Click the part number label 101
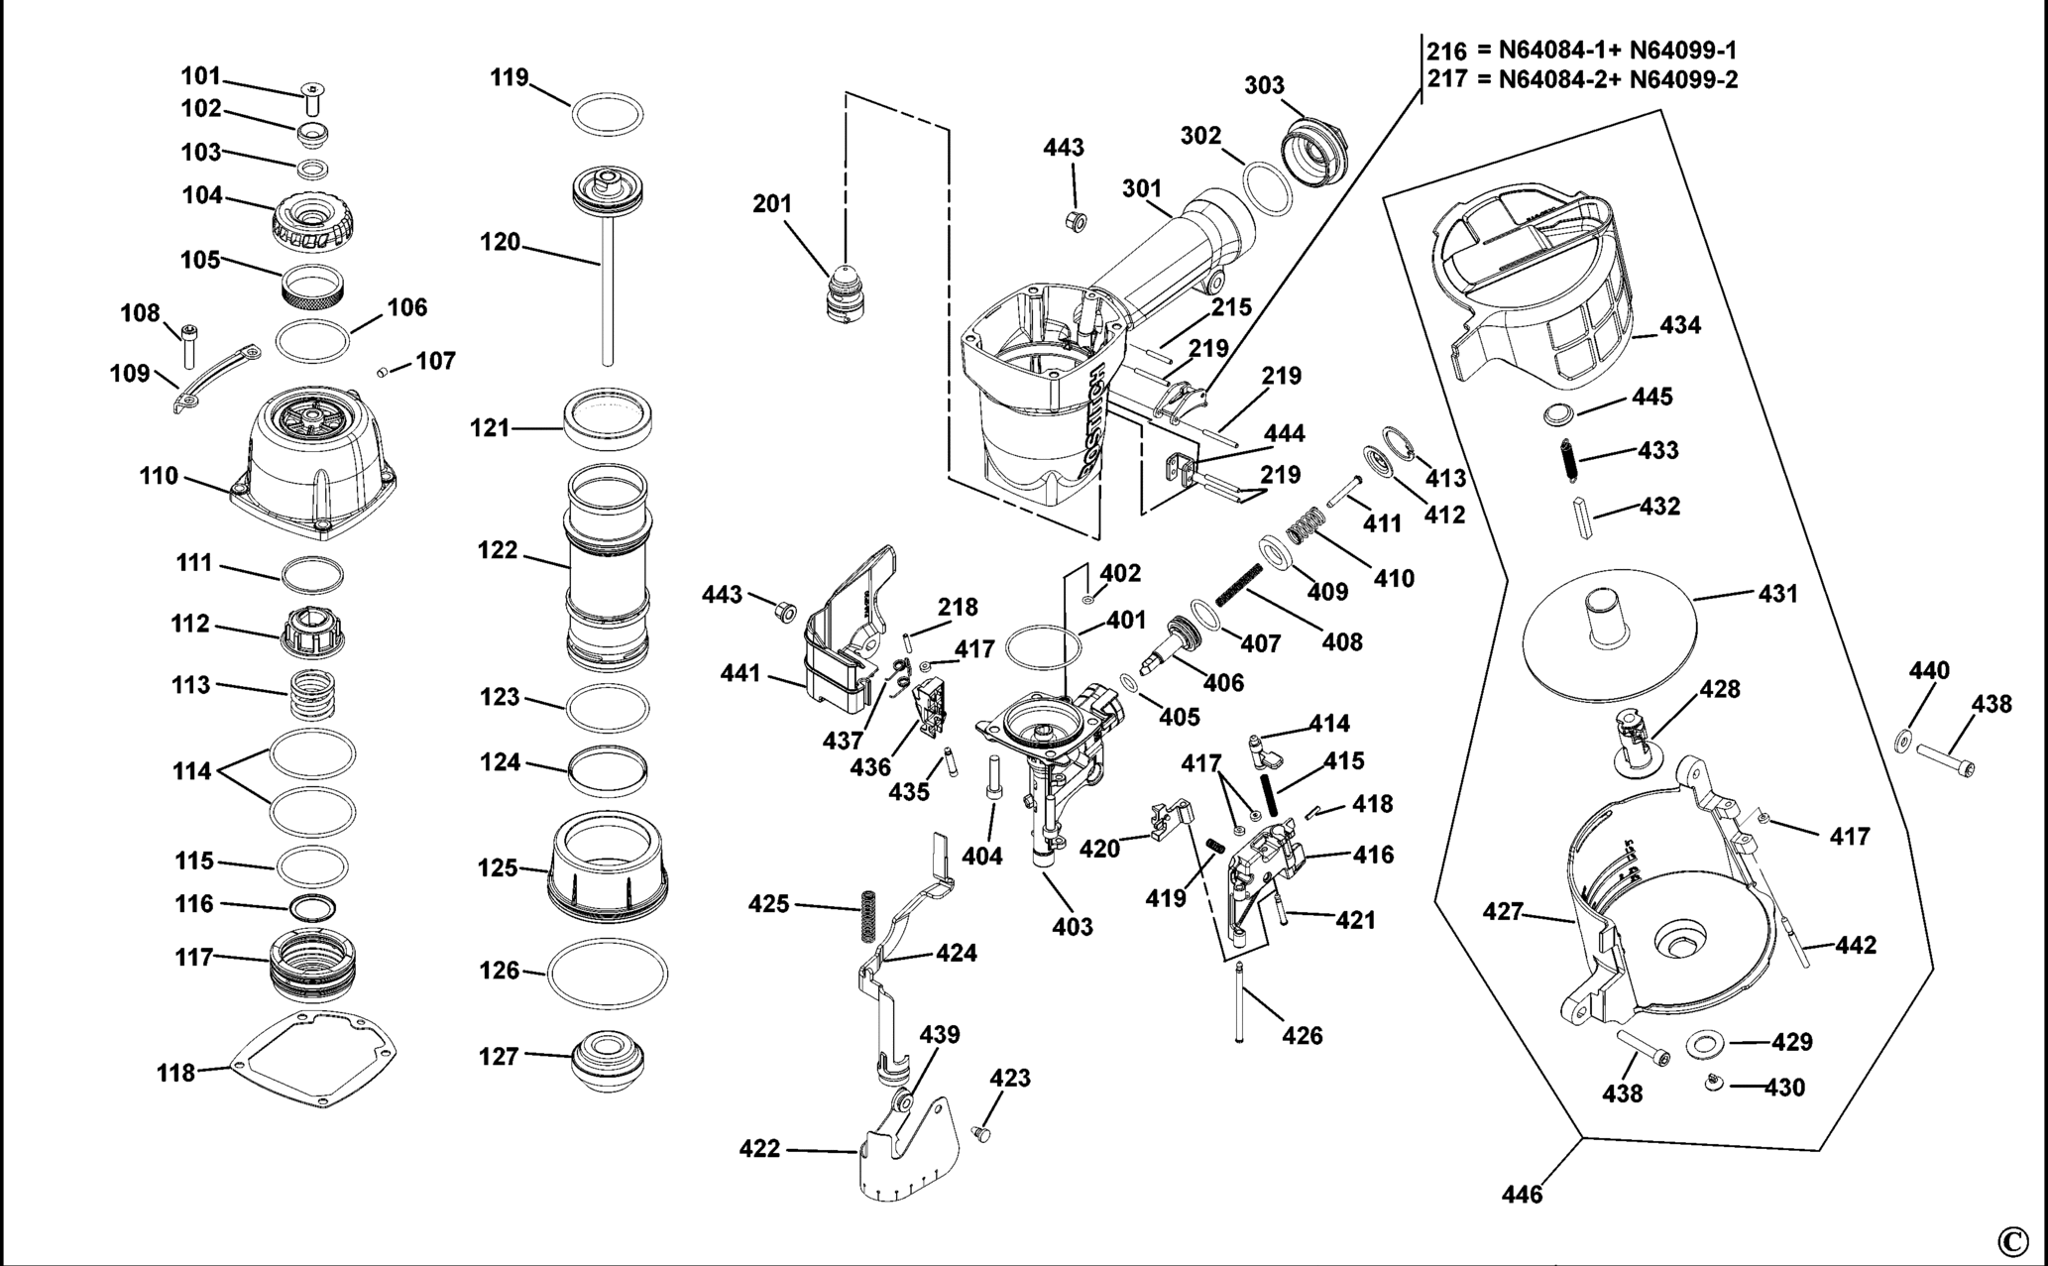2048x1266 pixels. (200, 76)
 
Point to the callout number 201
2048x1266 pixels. (772, 204)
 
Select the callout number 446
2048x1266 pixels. (1522, 1195)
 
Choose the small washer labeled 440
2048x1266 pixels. (1903, 741)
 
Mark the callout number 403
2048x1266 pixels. (1073, 927)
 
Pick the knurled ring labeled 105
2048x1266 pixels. (312, 288)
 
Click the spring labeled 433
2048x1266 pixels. (1570, 458)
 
